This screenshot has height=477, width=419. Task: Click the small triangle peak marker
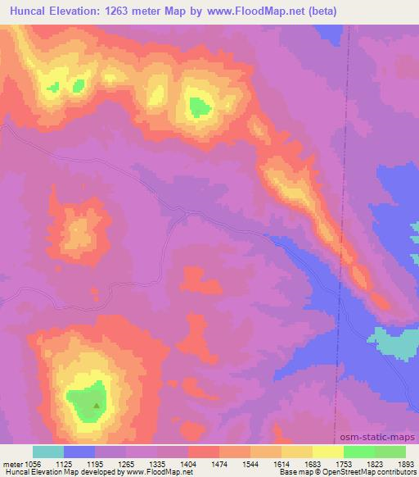(x=97, y=404)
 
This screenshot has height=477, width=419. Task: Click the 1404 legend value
(x=187, y=463)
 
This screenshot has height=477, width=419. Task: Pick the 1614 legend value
(x=281, y=463)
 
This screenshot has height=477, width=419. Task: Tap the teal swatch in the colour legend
(x=48, y=452)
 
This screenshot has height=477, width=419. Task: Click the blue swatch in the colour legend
(x=79, y=452)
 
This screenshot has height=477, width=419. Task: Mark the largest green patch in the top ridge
(x=199, y=106)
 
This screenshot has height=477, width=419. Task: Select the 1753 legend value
(x=343, y=463)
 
